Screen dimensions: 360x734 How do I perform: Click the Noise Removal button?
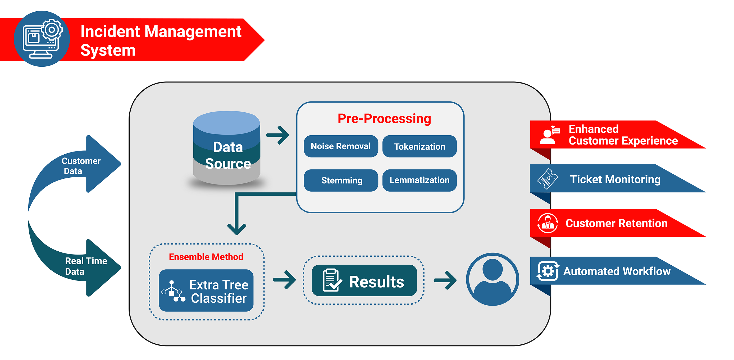coord(341,146)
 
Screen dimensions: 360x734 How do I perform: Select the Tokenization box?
coord(420,146)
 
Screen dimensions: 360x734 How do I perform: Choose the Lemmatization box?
coord(420,180)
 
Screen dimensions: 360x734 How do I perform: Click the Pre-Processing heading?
coord(384,118)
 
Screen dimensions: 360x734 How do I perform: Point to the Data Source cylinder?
coord(227,148)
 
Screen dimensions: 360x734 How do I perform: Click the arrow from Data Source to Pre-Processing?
coord(278,135)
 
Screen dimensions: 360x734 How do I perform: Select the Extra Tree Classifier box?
coord(206,290)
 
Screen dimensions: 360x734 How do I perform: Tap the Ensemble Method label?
coord(206,257)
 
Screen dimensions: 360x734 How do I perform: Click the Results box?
coord(364,281)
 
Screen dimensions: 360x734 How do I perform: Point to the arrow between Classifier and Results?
coord(284,280)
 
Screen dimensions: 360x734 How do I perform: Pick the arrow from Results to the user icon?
coord(445,280)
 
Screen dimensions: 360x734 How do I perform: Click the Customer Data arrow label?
coord(81,166)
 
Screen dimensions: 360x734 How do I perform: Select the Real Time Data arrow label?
coord(85,266)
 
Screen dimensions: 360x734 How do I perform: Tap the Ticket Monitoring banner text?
coord(615,179)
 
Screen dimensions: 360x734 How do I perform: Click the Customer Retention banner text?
coord(616,223)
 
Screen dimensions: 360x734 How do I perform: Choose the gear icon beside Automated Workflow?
coord(547,271)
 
